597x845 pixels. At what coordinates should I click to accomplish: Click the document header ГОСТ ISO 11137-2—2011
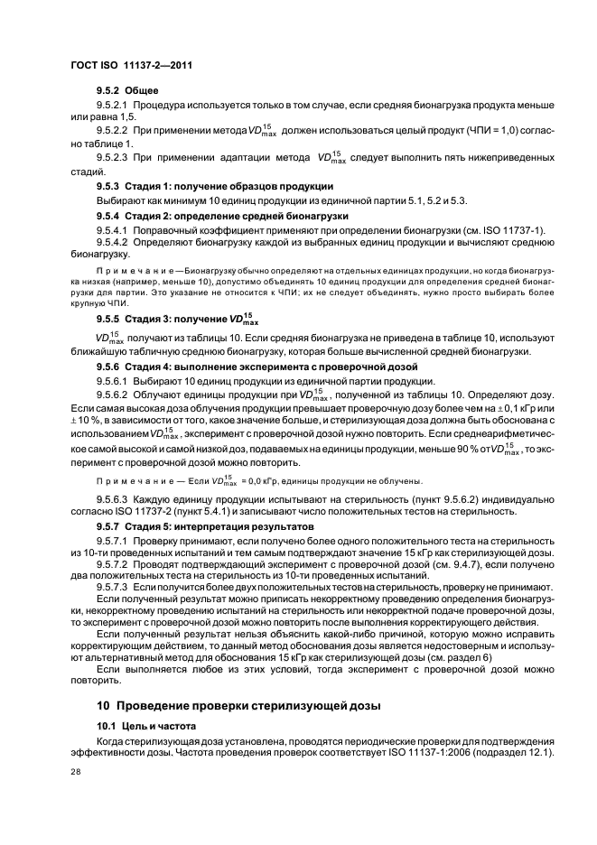pos(131,65)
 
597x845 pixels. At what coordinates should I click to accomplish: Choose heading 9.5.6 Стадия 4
pos(257,367)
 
